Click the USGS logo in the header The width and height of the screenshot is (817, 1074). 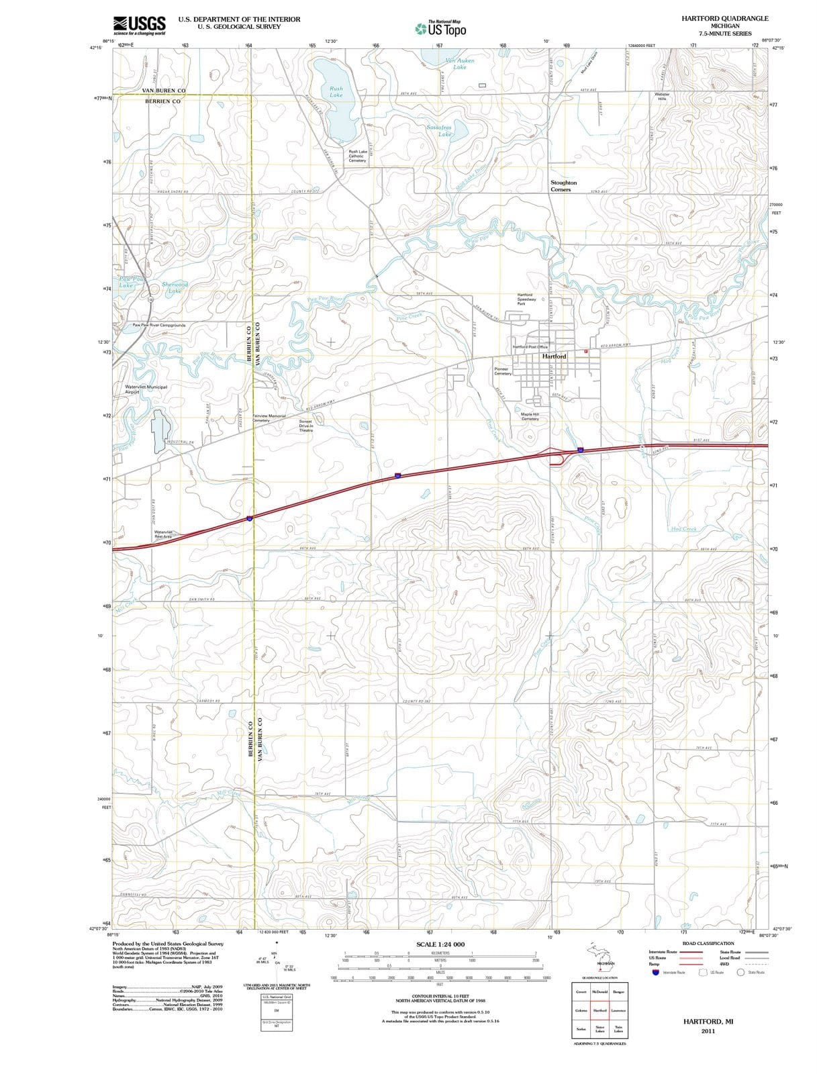click(x=139, y=26)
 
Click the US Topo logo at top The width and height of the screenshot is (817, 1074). click(x=440, y=28)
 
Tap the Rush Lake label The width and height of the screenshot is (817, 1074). click(x=336, y=92)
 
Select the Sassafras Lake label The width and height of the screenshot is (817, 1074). click(x=440, y=130)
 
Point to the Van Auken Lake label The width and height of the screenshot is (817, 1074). click(x=460, y=64)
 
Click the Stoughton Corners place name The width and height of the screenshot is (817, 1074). click(x=563, y=186)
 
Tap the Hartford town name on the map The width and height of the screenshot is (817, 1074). click(x=554, y=356)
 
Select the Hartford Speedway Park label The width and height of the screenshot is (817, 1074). click(x=526, y=299)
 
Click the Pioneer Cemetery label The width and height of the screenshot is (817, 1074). click(x=502, y=371)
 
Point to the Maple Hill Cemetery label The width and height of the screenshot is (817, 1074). click(x=530, y=416)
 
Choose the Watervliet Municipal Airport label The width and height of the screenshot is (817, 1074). click(x=146, y=389)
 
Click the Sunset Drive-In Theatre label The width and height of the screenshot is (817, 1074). click(x=306, y=426)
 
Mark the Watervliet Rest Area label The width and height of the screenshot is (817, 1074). click(x=163, y=534)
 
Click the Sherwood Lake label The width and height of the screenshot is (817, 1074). click(x=175, y=287)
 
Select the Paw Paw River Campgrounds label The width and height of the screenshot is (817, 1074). click(x=159, y=325)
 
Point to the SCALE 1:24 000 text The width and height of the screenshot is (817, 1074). click(x=440, y=944)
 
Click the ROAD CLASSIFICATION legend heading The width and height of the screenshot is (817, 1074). click(x=708, y=943)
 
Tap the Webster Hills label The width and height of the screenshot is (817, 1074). click(x=662, y=97)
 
